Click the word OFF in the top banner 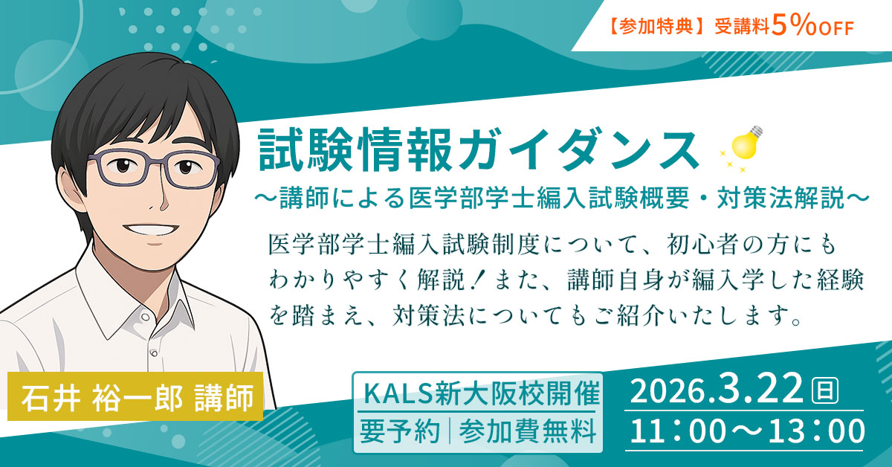coord(833,28)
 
